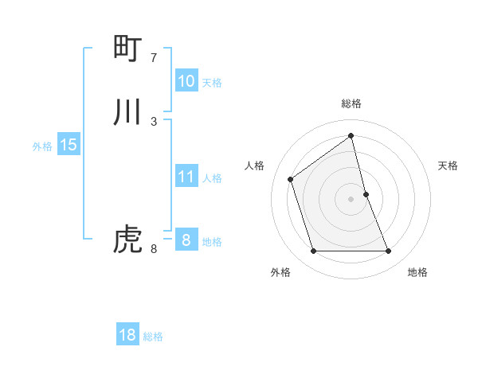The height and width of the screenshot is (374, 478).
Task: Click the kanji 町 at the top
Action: [127, 49]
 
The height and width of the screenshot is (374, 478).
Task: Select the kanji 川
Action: [127, 112]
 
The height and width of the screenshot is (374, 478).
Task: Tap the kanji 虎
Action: [127, 240]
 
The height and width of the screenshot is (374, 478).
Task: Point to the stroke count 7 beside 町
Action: [154, 58]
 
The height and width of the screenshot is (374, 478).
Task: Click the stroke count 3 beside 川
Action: [154, 121]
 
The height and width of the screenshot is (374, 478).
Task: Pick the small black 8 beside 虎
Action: [154, 249]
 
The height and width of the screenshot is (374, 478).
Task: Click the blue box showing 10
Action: [186, 81]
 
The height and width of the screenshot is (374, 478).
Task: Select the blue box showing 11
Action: [186, 177]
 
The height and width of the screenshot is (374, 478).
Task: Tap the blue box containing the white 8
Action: [186, 240]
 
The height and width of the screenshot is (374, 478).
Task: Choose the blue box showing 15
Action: [69, 145]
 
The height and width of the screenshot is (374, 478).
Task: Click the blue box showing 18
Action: [127, 335]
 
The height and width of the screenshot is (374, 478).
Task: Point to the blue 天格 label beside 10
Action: [212, 83]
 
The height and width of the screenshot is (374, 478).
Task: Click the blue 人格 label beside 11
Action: [212, 178]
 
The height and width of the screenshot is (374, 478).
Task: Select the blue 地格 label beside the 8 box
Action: [212, 242]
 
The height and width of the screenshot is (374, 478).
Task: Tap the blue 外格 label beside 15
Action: [42, 146]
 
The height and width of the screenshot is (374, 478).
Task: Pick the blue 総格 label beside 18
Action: [153, 337]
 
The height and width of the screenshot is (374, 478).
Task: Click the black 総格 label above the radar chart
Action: [351, 103]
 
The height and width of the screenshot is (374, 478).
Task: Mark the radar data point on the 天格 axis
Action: [366, 193]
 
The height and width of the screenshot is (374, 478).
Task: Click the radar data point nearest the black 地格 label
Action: [389, 251]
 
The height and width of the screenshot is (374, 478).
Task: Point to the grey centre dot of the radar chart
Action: [351, 198]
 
